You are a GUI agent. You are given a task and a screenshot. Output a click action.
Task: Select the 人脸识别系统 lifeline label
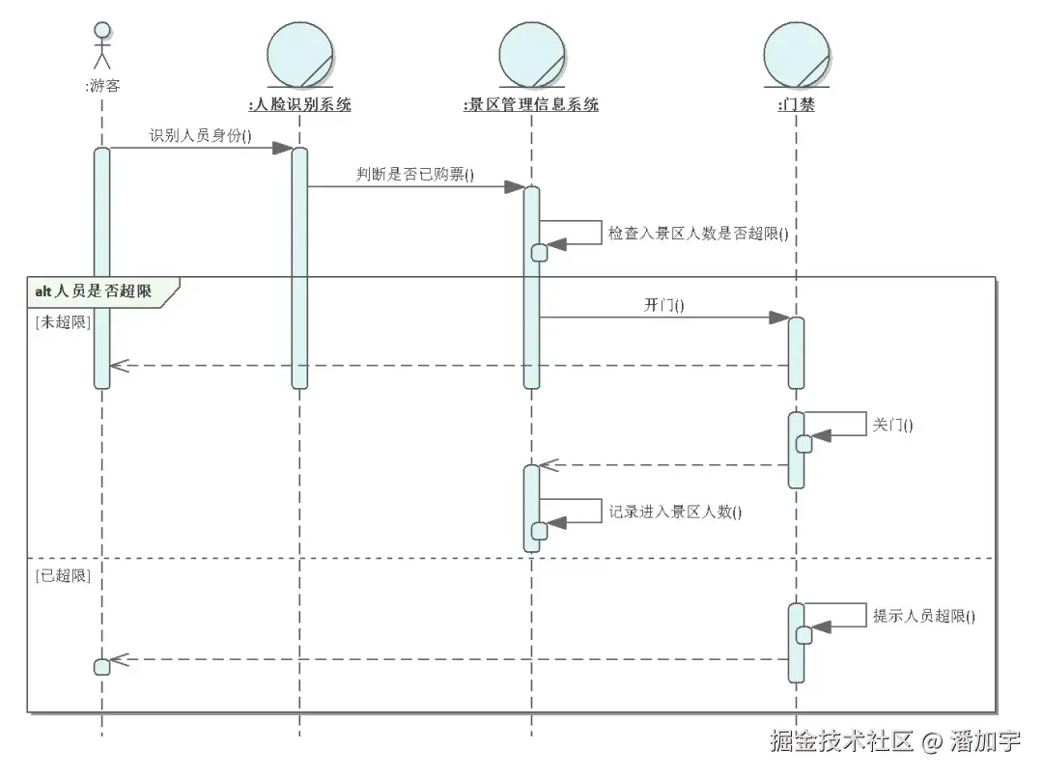tap(299, 104)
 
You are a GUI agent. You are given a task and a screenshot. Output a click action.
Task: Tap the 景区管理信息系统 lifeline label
tap(531, 104)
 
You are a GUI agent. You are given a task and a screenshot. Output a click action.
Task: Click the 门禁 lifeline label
tap(796, 104)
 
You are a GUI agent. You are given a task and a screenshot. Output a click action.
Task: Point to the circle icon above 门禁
tap(796, 54)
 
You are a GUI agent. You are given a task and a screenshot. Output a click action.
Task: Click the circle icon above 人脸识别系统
tap(299, 54)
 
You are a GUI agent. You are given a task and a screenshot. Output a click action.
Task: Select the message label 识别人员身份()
tap(200, 135)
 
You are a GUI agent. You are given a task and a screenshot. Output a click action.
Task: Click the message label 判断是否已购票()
tap(415, 175)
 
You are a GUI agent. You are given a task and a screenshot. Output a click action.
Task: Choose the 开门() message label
tap(663, 305)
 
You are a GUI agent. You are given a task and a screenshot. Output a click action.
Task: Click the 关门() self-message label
tap(892, 424)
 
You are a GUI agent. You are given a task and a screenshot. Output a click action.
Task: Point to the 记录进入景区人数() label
tap(675, 512)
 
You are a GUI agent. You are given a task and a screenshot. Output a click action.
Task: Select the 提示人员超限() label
tap(923, 615)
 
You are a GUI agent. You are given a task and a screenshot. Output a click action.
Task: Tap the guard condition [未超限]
tap(62, 322)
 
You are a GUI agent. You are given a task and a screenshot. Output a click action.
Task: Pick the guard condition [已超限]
tap(62, 575)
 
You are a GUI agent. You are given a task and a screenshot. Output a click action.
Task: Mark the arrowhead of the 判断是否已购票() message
tap(515, 186)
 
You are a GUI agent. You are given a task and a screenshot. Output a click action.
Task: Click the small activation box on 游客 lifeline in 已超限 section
tap(101, 667)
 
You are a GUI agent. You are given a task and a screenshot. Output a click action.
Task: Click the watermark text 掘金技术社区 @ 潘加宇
tap(894, 741)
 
